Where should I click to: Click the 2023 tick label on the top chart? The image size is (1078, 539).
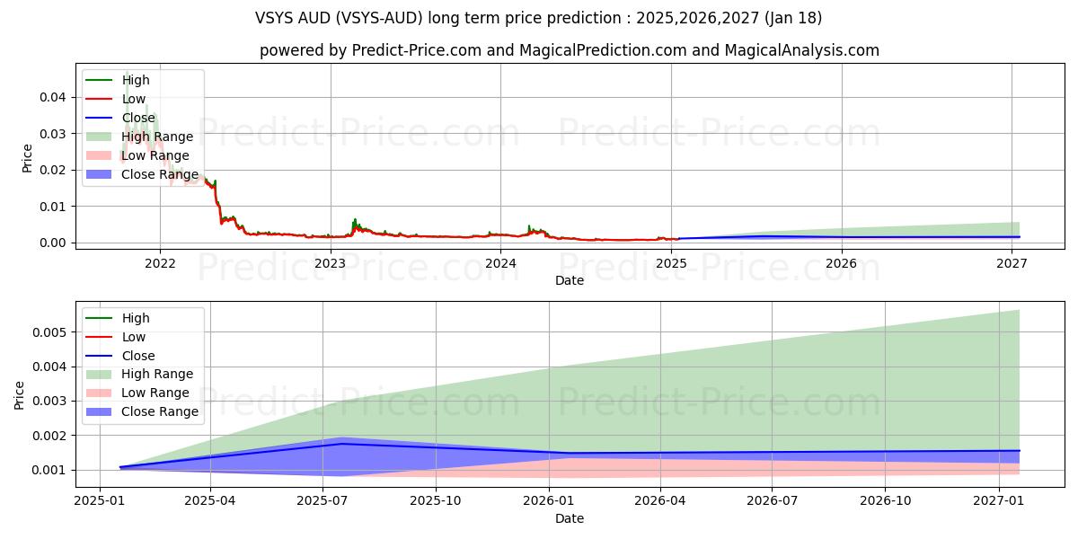331,263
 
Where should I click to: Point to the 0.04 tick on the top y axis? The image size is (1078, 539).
53,97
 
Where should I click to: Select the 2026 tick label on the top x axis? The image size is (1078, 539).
842,263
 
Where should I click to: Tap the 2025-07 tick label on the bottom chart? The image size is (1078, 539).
323,501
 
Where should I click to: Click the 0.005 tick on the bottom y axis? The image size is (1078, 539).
49,332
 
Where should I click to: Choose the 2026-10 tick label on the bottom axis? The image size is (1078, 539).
885,501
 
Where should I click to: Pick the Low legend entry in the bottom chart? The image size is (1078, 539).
133,337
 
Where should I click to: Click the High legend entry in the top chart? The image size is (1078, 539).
136,80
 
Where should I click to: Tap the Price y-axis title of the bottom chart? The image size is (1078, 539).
20,394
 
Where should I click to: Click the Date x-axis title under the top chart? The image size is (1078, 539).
569,280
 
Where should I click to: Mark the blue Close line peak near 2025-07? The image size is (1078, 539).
342,444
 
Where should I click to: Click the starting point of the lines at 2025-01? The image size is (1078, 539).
120,467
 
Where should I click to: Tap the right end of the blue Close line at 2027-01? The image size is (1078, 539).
1019,451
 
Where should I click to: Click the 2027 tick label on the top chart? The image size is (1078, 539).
1012,263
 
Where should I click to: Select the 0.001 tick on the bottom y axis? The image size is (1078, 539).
49,470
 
